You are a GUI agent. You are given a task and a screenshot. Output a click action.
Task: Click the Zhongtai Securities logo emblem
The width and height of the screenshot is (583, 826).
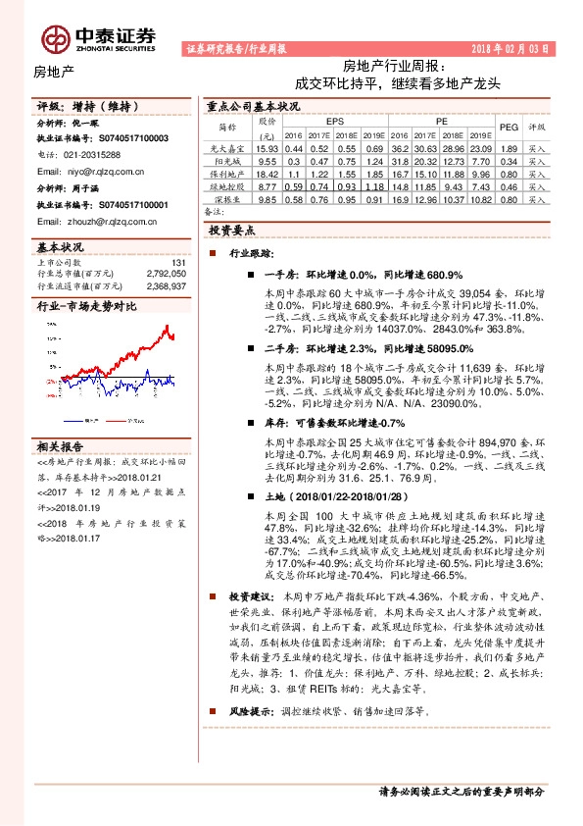pyautogui.click(x=54, y=37)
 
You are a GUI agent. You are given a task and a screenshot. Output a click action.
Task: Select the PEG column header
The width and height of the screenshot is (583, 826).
pyautogui.click(x=508, y=127)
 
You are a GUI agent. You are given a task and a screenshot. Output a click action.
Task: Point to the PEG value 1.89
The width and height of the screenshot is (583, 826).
pyautogui.click(x=508, y=146)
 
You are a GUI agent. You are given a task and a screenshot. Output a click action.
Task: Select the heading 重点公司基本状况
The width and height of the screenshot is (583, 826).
pyautogui.click(x=253, y=105)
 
